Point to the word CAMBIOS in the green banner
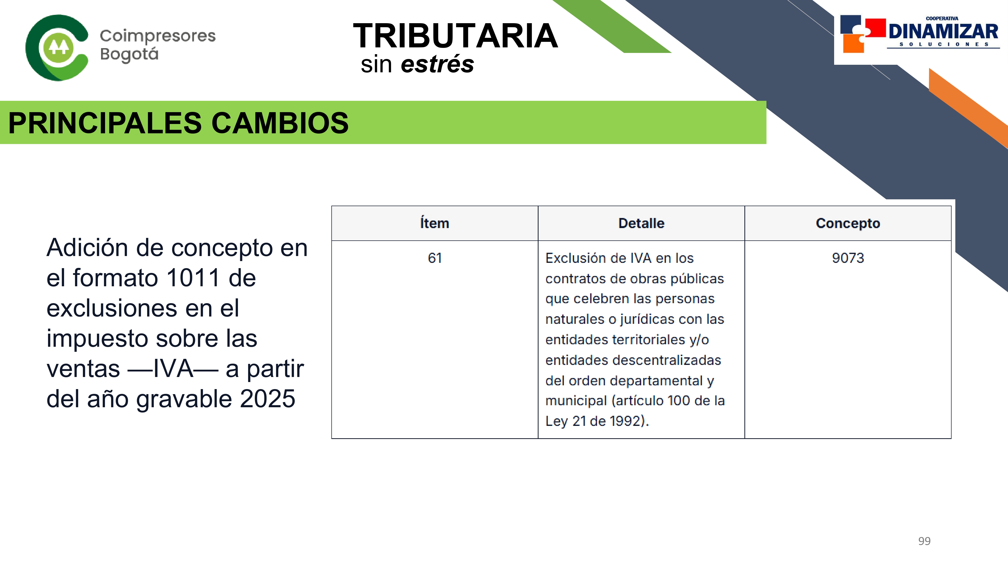[x=280, y=123]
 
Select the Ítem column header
[x=434, y=223]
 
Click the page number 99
[x=924, y=541]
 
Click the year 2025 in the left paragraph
[x=268, y=399]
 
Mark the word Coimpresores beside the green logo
[x=158, y=36]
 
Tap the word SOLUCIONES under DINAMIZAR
[x=943, y=44]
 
